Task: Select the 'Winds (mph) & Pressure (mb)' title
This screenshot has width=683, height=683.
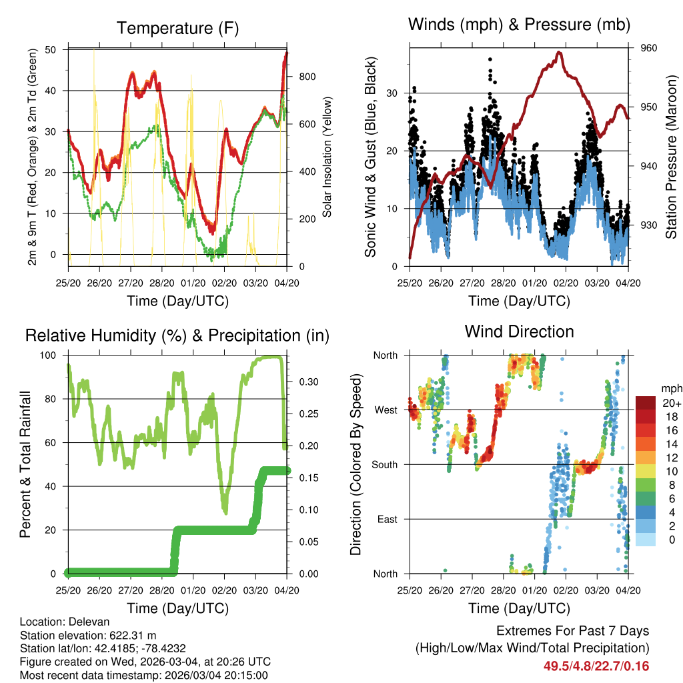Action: coord(519,25)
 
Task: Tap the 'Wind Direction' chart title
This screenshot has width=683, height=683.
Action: coord(519,331)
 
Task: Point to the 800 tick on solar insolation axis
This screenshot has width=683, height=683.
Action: coord(307,77)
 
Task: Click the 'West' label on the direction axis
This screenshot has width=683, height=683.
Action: coord(385,410)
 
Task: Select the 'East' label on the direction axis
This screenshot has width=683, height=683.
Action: coord(386,519)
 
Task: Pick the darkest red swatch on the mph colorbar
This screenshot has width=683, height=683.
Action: coord(645,402)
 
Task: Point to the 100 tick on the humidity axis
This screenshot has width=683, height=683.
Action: coord(48,355)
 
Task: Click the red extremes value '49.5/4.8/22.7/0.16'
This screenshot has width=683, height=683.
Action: coord(596,666)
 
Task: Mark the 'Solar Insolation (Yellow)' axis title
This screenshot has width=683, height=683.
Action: coord(327,157)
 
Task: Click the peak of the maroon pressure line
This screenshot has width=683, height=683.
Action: coord(560,52)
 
